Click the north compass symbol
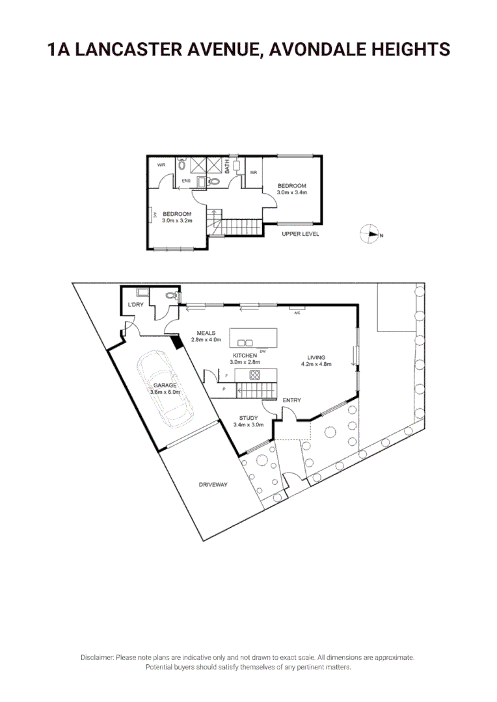370,234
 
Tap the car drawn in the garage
165,389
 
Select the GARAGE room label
165,385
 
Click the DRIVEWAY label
213,484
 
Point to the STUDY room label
248,418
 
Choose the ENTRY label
291,400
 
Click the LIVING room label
316,357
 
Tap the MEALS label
206,333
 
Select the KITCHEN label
245,355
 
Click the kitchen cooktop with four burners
254,374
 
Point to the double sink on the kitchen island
245,343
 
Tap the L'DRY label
135,304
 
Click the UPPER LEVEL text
301,234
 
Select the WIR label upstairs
161,164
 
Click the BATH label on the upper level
227,166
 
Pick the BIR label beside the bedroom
254,172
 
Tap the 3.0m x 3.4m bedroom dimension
291,192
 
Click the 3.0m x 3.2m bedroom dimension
177,220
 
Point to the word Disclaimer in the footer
97,657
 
